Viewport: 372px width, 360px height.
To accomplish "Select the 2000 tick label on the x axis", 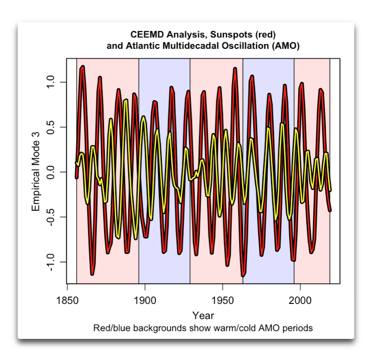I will pos(300,301).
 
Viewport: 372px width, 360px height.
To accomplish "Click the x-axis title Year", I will pos(203,315).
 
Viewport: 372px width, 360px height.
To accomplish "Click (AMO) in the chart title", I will pos(289,46).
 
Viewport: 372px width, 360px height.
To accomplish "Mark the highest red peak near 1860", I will pos(83,67).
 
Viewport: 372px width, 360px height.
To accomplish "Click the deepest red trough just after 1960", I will pos(243,275).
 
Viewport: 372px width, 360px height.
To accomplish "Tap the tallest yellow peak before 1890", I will pos(126,100).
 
